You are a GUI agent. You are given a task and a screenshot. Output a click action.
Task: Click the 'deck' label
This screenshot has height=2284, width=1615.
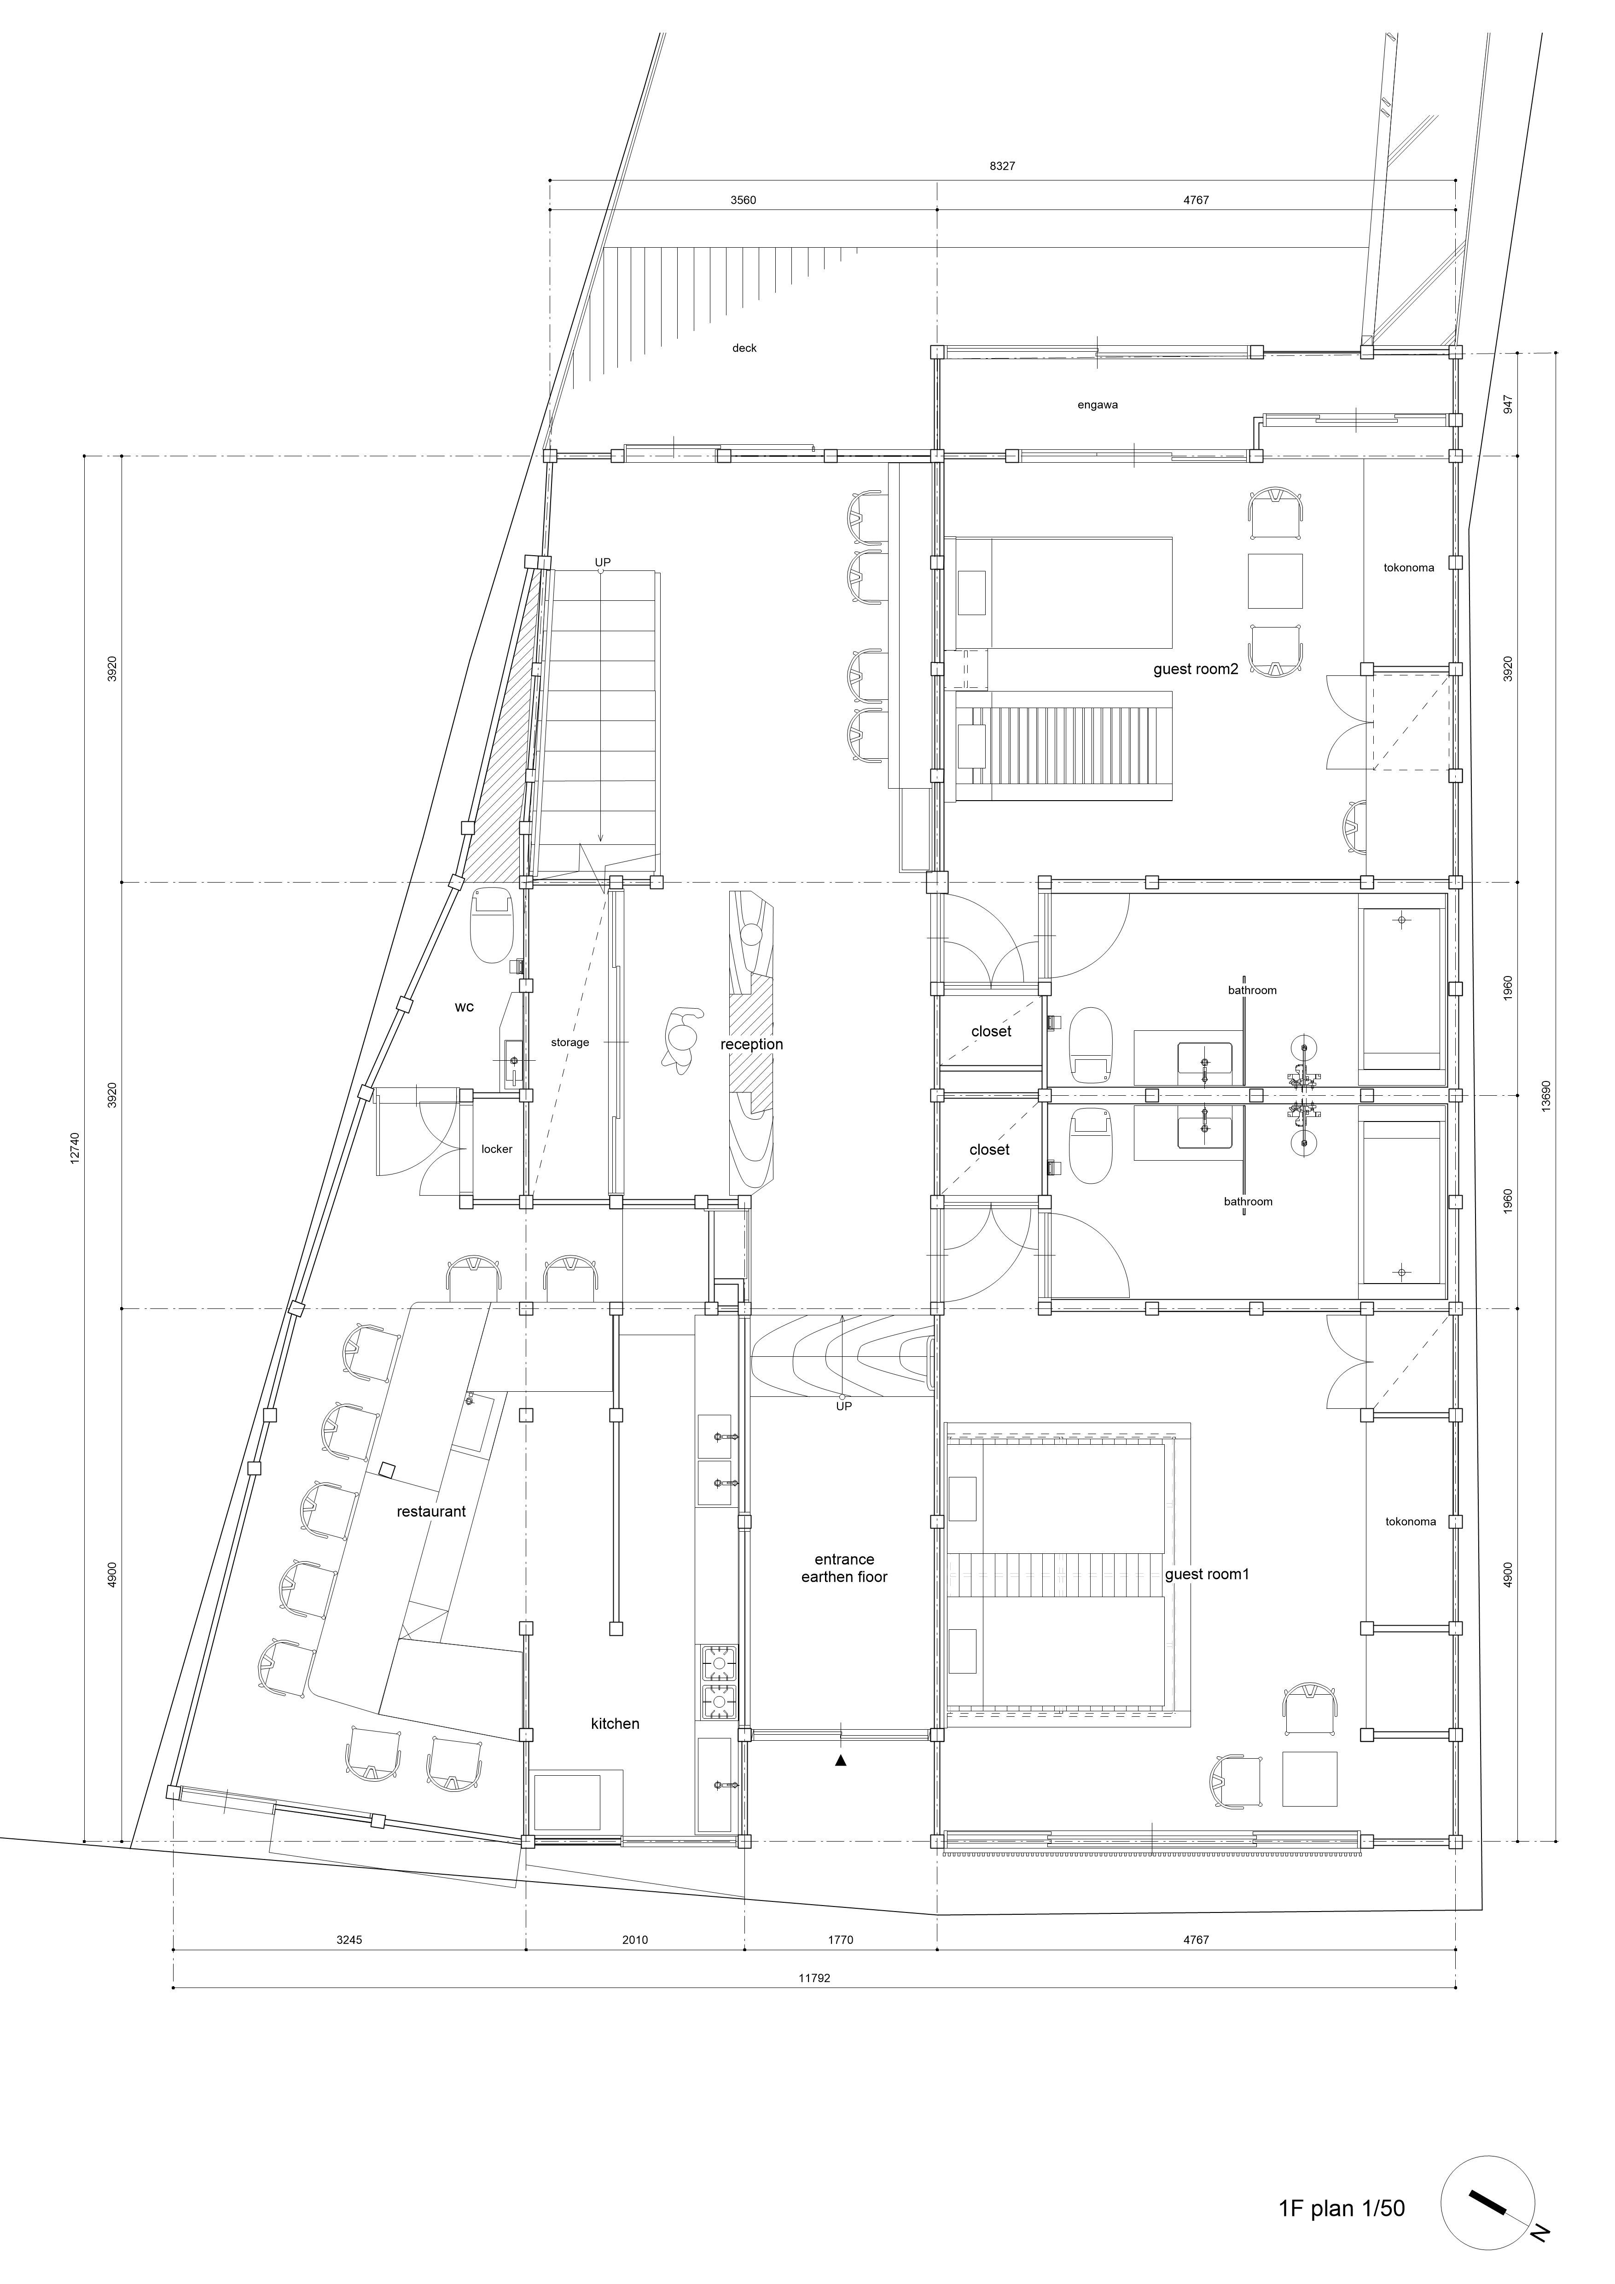(744, 348)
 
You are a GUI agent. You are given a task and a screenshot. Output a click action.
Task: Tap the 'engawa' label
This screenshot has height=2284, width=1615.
(1098, 405)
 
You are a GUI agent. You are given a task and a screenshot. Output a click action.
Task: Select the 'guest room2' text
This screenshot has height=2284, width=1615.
(1195, 669)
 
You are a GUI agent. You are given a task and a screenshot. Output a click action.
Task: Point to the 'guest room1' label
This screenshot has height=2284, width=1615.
(1206, 1574)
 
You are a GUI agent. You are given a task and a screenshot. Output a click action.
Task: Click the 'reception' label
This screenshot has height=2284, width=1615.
(752, 1045)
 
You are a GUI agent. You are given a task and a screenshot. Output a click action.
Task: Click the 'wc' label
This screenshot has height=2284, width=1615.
(465, 1007)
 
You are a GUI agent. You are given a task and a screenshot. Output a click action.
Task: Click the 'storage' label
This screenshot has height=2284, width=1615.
(570, 1042)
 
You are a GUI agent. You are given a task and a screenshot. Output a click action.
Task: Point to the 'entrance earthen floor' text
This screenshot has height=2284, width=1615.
(844, 1568)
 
